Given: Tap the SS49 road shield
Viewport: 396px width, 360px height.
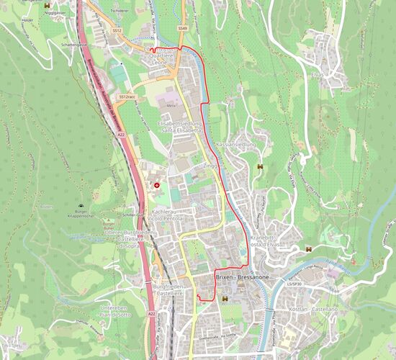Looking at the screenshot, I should click(183, 29).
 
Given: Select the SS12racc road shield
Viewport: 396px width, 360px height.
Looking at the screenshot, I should click(127, 96).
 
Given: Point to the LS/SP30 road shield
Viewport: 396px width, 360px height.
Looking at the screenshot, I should click(294, 284).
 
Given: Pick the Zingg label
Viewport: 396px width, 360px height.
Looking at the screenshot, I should click(210, 166).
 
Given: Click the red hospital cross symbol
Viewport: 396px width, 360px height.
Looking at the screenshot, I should click(158, 185).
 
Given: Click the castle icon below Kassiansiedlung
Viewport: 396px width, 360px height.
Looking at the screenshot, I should click(259, 168).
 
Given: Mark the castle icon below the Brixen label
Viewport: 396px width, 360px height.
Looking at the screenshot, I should click(225, 298).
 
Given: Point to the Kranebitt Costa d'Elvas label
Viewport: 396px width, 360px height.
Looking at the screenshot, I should click(263, 241).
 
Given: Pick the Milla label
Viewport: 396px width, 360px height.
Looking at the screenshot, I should click(171, 106).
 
